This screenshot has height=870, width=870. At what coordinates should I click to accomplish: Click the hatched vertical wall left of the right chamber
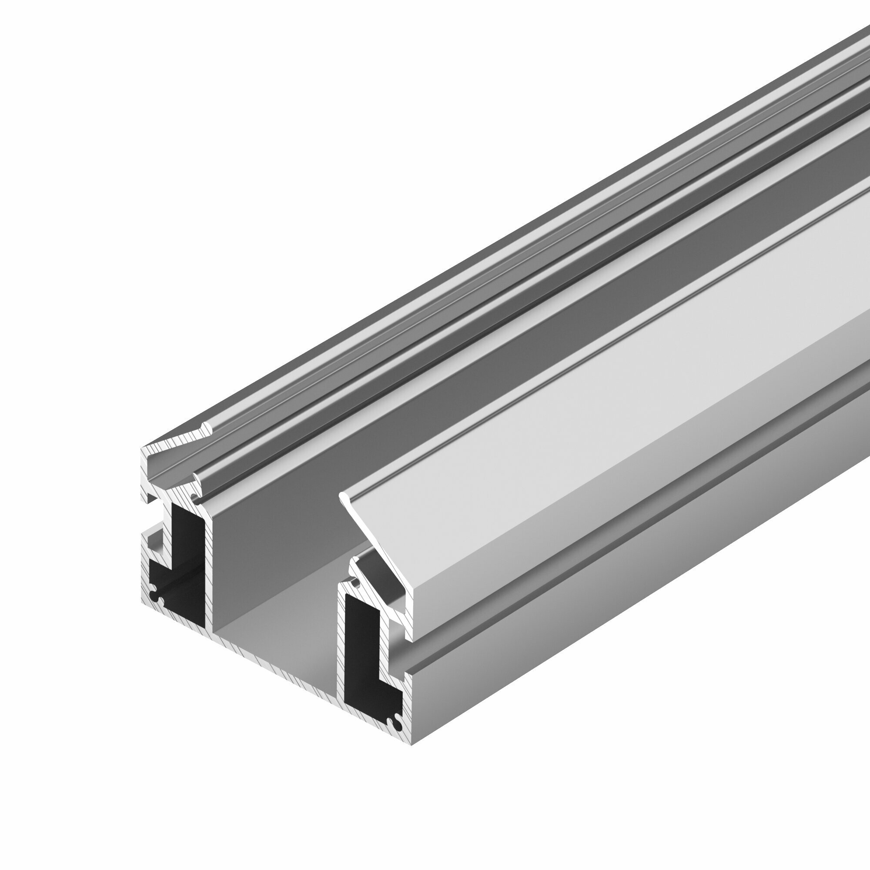pos(341,649)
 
